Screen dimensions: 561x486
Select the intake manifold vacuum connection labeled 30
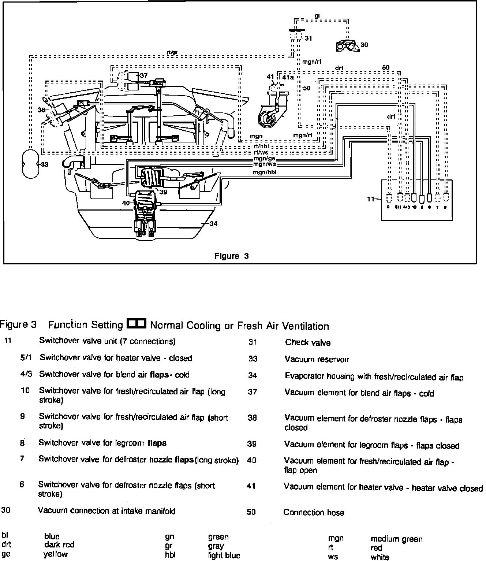pos(346,46)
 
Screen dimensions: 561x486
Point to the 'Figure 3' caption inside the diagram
pos(231,256)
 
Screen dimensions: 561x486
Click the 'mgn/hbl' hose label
pos(264,172)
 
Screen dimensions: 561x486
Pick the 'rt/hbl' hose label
pos(261,147)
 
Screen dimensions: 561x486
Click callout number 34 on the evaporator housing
pos(214,223)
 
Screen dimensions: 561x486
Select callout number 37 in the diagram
pos(144,75)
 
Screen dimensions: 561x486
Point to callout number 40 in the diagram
pos(126,203)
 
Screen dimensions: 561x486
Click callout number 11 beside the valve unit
pos(371,199)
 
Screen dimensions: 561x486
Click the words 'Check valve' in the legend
pos(308,343)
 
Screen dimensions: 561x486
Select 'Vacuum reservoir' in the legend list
pos(317,359)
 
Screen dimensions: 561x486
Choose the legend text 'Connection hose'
pos(314,512)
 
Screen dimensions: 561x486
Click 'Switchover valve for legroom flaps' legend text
pos(102,443)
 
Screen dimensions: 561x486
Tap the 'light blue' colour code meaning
pos(224,555)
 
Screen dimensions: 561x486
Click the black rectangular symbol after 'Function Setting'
pos(136,324)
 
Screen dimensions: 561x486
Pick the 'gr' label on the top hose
pos(318,16)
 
